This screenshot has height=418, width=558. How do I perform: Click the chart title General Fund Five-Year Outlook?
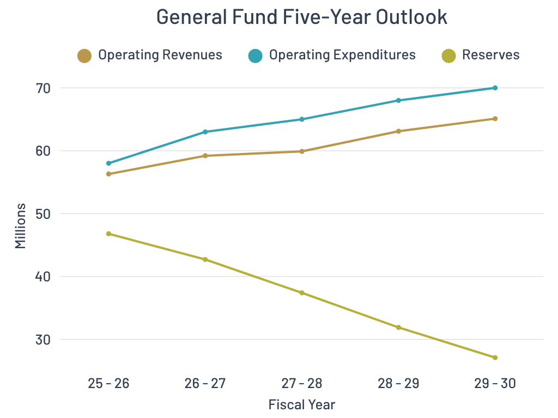pyautogui.click(x=301, y=17)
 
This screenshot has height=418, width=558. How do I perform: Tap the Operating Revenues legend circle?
pyautogui.click(x=84, y=56)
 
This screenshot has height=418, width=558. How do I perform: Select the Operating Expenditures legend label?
pyautogui.click(x=342, y=55)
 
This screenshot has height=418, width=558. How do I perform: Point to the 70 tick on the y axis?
pyautogui.click(x=43, y=88)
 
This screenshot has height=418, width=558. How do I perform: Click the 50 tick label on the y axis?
pyautogui.click(x=43, y=214)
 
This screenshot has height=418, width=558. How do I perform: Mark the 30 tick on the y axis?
pyautogui.click(x=43, y=340)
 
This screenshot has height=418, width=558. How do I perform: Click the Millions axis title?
pyautogui.click(x=20, y=226)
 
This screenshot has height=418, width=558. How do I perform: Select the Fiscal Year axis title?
pyautogui.click(x=301, y=405)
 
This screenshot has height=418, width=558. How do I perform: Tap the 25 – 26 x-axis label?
pyautogui.click(x=108, y=384)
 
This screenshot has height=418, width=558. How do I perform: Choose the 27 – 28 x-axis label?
pyautogui.click(x=301, y=384)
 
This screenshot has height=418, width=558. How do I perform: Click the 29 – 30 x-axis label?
pyautogui.click(x=495, y=384)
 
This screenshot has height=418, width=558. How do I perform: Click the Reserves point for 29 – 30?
pyautogui.click(x=495, y=358)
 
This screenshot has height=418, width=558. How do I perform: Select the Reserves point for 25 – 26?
pyautogui.click(x=108, y=233)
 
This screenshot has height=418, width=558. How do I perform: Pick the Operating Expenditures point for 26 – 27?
pyautogui.click(x=205, y=132)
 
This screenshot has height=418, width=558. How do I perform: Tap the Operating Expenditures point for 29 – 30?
pyautogui.click(x=495, y=88)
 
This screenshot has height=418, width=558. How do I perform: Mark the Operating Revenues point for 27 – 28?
pyautogui.click(x=301, y=151)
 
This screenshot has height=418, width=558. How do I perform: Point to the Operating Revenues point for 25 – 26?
pyautogui.click(x=108, y=174)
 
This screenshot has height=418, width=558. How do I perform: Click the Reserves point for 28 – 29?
pyautogui.click(x=398, y=327)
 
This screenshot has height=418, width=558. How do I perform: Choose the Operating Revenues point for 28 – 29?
pyautogui.click(x=398, y=131)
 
